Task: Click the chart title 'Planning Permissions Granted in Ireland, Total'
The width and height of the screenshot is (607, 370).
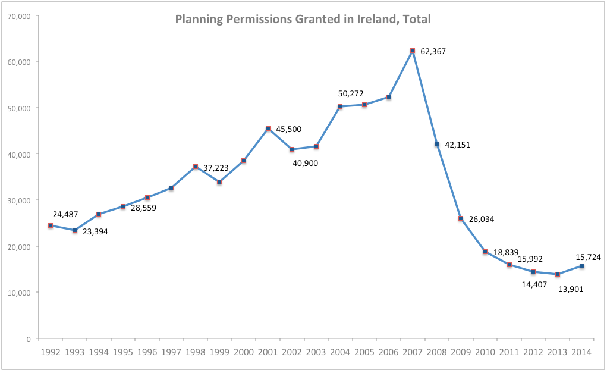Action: pyautogui.click(x=303, y=19)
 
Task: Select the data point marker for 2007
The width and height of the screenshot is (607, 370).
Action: pyautogui.click(x=413, y=51)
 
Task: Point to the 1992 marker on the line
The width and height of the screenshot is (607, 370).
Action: pyautogui.click(x=51, y=225)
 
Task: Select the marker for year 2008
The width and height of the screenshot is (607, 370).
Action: pyautogui.click(x=437, y=144)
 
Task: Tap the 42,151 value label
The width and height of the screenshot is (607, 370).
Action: pyautogui.click(x=456, y=145)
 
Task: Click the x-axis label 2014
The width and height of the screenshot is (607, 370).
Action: pyautogui.click(x=581, y=352)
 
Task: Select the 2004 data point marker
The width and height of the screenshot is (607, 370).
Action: pyautogui.click(x=340, y=106)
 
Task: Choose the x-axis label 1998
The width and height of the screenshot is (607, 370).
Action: pyautogui.click(x=195, y=352)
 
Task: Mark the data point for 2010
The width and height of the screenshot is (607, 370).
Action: pyautogui.click(x=485, y=252)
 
